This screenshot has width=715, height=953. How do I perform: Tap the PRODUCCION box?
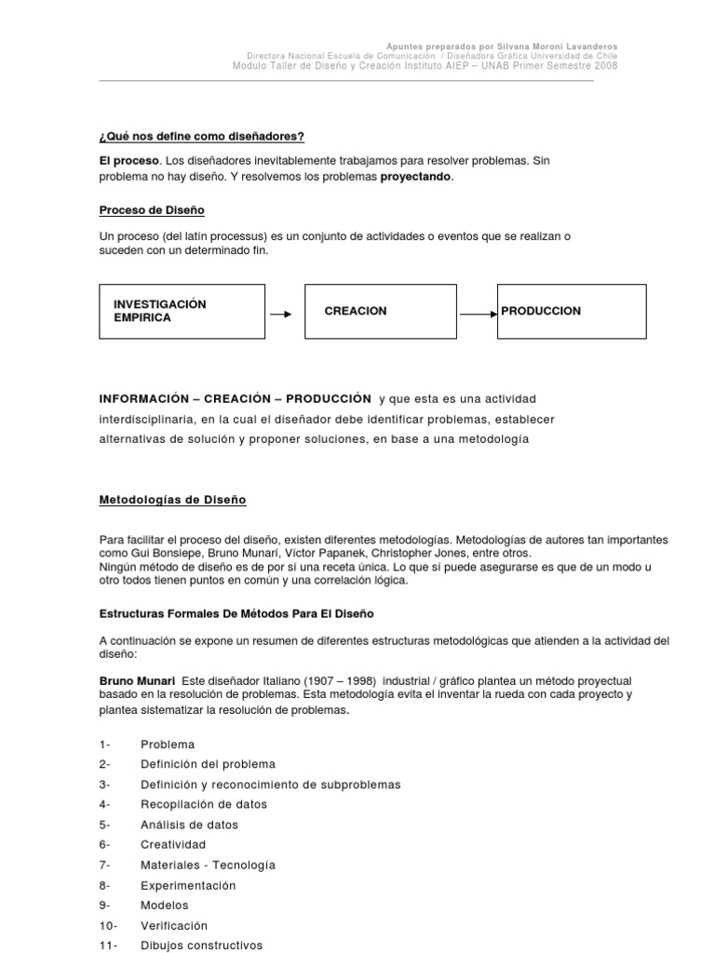pyautogui.click(x=572, y=312)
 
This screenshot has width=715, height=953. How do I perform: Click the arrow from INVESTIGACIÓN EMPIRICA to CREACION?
pyautogui.click(x=281, y=314)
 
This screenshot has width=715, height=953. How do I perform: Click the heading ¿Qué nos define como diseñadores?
pyautogui.click(x=202, y=137)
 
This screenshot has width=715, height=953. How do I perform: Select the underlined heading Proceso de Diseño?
pyautogui.click(x=152, y=210)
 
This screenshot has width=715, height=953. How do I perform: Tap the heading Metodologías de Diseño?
pyautogui.click(x=172, y=500)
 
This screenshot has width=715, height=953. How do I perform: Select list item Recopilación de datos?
pyautogui.click(x=203, y=804)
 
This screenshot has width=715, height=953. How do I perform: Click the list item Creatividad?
pyautogui.click(x=172, y=844)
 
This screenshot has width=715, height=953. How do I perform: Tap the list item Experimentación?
pyautogui.click(x=188, y=885)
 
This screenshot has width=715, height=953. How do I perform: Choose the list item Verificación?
pyautogui.click(x=174, y=926)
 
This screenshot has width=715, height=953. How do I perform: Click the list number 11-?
pyautogui.click(x=108, y=946)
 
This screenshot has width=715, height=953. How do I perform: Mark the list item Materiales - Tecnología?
pyautogui.click(x=208, y=865)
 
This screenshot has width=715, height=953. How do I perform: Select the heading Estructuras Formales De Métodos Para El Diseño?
pyautogui.click(x=236, y=613)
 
